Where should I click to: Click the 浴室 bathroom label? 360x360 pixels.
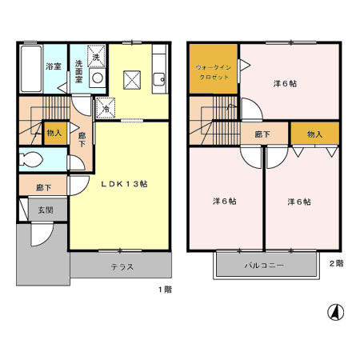click(x=54, y=67)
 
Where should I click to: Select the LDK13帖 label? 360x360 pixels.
click(x=123, y=183)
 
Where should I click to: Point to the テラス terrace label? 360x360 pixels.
click(x=122, y=266)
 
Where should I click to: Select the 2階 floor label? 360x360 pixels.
click(x=336, y=262)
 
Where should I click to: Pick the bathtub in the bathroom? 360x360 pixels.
click(x=30, y=70)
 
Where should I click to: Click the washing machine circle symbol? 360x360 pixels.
click(x=98, y=78)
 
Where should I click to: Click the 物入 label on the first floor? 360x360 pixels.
click(x=54, y=134)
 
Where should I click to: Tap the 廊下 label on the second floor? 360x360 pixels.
click(x=261, y=134)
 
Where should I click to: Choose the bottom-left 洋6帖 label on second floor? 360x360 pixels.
click(x=224, y=201)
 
